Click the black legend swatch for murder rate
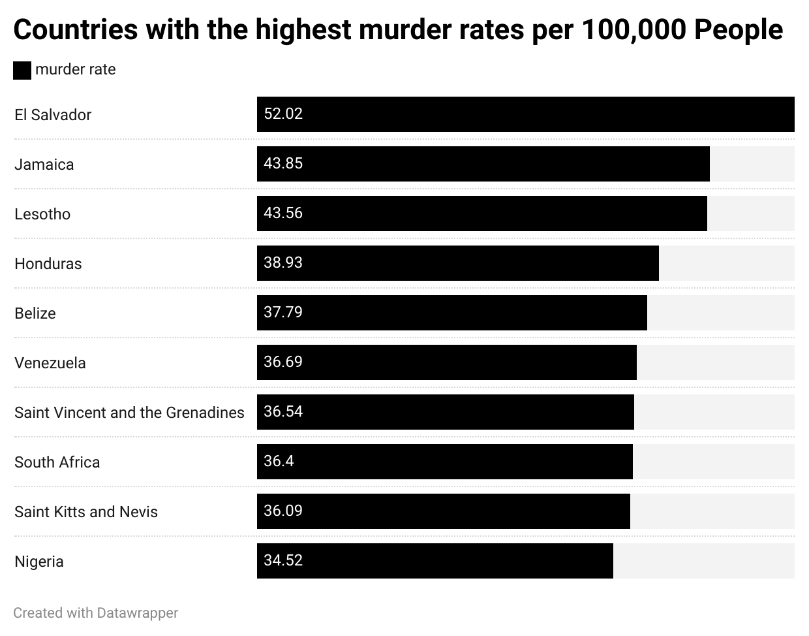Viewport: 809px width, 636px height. pos(22,71)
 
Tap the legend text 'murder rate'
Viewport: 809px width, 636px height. pos(75,69)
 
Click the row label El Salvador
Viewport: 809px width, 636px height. pos(53,115)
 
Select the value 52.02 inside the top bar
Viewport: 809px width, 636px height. pos(283,114)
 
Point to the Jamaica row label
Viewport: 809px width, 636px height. pos(44,165)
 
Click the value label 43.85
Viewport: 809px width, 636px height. pos(283,163)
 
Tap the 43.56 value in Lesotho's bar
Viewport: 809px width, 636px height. pos(283,213)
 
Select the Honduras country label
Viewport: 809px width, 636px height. pos(48,264)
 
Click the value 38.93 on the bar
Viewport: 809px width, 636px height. pos(283,262)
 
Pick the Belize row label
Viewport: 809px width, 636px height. pos(35,313)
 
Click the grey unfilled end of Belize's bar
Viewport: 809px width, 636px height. pos(720,313)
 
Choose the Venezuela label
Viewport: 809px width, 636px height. pos(50,363)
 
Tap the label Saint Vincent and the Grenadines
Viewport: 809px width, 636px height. pos(129,413)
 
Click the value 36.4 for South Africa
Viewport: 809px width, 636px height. pos(279,461)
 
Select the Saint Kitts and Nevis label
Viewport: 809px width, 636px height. pos(86,512)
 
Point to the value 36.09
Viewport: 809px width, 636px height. pos(283,511)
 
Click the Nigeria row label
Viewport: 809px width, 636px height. pos(39,562)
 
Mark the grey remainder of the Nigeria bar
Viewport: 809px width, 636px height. pos(703,561)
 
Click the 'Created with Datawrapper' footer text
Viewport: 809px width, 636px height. pos(95,613)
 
